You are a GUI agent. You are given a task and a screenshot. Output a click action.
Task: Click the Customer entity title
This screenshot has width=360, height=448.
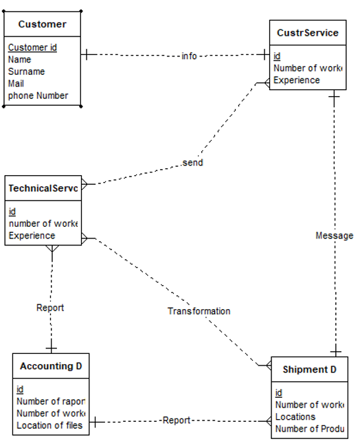point(42,24)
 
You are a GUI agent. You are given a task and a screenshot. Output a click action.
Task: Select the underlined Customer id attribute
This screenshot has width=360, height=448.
point(32,47)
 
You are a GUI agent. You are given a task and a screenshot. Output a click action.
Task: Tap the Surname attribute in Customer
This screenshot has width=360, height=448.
point(26,71)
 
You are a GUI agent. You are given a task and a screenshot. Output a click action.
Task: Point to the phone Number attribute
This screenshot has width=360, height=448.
point(38,96)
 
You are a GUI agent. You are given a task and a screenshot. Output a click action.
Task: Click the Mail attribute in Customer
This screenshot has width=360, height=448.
point(16,83)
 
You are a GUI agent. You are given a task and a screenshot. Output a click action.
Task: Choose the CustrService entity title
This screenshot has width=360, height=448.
point(307,32)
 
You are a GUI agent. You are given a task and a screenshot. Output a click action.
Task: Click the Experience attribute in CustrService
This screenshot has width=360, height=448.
point(296,80)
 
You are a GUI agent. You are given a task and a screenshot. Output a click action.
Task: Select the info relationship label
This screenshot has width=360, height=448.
point(189,56)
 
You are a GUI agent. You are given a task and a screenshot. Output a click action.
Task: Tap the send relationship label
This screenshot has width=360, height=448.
point(193,163)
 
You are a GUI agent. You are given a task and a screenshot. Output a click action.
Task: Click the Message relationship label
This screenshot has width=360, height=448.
point(334,236)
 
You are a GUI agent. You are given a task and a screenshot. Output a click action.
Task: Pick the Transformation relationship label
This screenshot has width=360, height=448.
point(199,311)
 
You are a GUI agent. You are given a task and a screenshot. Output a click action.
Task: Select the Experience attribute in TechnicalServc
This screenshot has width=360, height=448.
point(32,235)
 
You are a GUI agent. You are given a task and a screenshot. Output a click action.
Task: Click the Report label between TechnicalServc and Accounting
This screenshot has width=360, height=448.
point(50,308)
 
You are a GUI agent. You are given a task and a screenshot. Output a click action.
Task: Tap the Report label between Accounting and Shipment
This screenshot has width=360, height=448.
point(177,420)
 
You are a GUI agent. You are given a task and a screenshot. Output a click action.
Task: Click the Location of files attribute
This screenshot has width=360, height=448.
point(49,425)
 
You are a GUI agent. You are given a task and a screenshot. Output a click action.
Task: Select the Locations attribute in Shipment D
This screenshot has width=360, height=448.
point(295,417)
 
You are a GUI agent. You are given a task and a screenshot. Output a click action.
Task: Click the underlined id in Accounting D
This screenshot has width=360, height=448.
point(20,390)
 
